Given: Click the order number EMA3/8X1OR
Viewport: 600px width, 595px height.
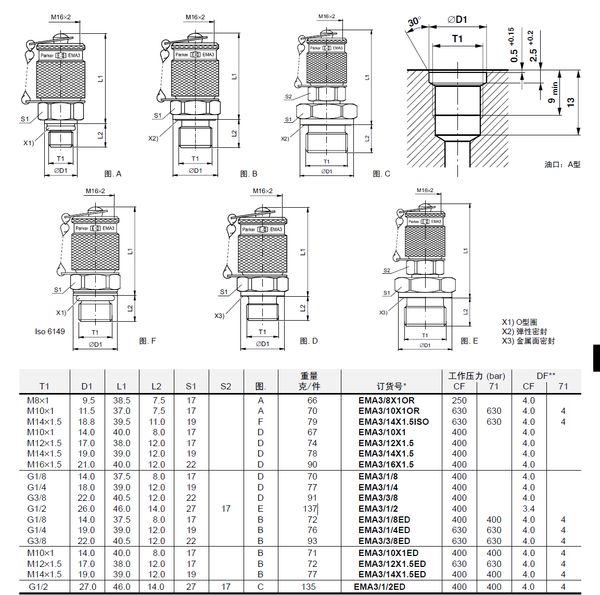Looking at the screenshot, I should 386,400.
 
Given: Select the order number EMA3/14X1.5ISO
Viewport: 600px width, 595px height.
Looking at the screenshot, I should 393,422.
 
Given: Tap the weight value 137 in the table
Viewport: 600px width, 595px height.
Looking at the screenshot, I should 310,509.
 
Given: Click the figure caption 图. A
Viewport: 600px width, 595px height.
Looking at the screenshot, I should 113,174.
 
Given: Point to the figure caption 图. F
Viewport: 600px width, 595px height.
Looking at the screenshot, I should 148,341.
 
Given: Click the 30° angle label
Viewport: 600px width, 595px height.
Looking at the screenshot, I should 414,22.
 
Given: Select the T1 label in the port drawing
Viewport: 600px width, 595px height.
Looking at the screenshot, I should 457,39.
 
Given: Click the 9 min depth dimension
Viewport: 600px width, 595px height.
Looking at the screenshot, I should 553,92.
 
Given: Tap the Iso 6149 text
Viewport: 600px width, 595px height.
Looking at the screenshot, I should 50,332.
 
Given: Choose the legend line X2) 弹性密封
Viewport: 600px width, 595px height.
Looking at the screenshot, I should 524,332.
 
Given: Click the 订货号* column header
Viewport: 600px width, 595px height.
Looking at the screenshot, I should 391,386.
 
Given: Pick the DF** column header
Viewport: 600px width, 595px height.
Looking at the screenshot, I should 546,376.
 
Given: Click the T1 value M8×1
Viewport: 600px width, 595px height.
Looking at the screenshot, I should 38,400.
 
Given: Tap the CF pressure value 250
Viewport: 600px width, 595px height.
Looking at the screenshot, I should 459,400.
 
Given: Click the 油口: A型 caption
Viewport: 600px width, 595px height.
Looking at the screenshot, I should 562,164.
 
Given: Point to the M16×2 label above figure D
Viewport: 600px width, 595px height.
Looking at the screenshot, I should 262,191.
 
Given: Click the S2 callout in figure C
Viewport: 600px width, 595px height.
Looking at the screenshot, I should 288,97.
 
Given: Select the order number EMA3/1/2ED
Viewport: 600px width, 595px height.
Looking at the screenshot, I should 379,587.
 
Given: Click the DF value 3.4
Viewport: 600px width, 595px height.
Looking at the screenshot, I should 528,509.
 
